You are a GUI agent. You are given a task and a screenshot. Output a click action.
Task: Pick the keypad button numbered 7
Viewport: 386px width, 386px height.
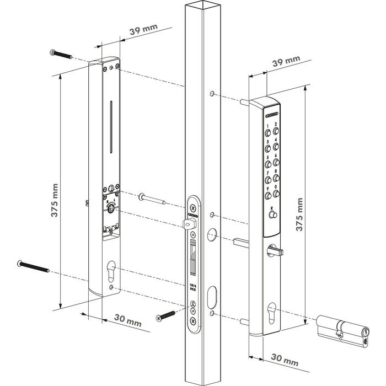click(269, 180)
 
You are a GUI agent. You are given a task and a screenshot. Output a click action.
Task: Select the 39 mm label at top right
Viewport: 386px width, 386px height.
click(287, 60)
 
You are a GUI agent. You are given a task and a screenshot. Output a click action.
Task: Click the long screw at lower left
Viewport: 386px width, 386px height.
click(34, 266)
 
